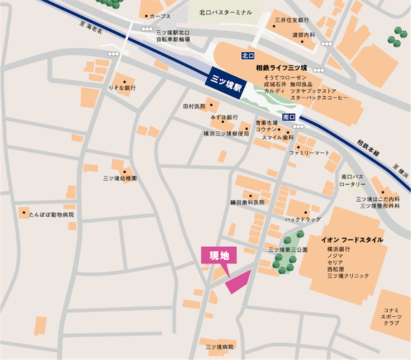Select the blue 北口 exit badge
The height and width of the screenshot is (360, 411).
click(248, 55)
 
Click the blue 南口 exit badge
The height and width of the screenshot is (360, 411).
click(288, 118)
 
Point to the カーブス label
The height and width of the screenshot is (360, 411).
click(160, 16)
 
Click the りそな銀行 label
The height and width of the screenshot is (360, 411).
click(122, 88)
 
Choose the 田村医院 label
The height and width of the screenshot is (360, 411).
click(194, 107)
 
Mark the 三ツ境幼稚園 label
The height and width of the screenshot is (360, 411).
click(120, 178)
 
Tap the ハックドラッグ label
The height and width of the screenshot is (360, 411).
click(303, 219)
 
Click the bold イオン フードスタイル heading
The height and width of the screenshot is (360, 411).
click(352, 240)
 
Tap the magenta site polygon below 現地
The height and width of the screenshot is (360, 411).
click(238, 280)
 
